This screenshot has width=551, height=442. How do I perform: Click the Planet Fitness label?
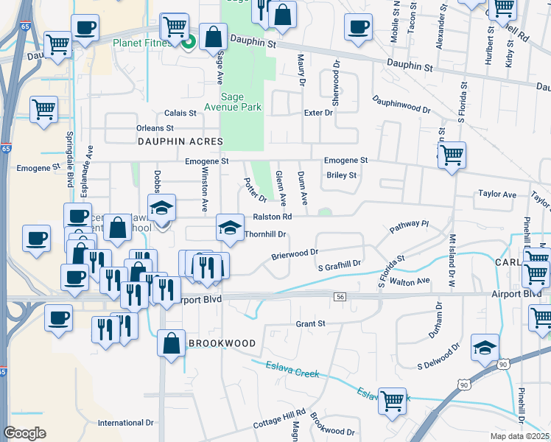(x=142, y=43)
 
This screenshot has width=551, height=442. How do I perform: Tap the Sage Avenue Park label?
(x=242, y=101)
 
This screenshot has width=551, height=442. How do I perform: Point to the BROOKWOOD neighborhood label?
(x=221, y=343)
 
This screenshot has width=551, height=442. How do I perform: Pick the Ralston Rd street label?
(x=273, y=217)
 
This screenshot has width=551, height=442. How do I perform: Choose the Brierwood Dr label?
(x=294, y=252)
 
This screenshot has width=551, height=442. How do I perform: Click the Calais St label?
(x=180, y=113)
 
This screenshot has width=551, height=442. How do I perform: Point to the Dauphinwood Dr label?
(x=401, y=104)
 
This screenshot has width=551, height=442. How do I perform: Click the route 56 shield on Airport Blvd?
(x=340, y=296)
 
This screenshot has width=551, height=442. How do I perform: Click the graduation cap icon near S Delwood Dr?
(x=485, y=346)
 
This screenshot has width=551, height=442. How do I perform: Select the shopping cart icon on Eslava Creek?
(x=392, y=400)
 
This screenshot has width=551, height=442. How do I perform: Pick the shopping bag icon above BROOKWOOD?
(x=171, y=343)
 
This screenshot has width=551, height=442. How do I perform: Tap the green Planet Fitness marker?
(x=188, y=42)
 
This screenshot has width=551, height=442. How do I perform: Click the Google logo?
(x=25, y=432)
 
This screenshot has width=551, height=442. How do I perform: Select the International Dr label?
(x=125, y=423)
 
